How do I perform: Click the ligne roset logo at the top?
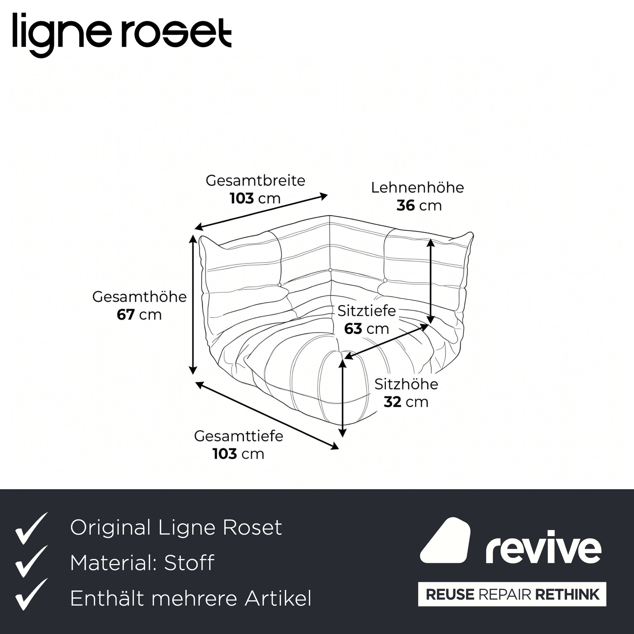pos(122,34)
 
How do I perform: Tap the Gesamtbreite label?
pos(255,180)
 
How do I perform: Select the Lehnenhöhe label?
pos(417,187)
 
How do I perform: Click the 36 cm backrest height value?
pos(419,205)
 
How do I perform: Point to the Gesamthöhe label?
pos(139,297)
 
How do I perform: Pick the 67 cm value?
pos(139,315)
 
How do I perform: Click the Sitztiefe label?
pos(367,311)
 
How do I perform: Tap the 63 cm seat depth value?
pos(367,329)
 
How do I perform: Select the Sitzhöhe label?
pos(406,384)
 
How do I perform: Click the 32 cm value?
pos(406,402)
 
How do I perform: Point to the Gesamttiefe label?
pos(238,436)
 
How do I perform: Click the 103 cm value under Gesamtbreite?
pos(255,198)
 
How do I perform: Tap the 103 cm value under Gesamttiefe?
pos(238,454)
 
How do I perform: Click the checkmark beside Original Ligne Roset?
pos(31,528)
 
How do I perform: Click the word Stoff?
pos(189,562)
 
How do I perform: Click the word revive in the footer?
pos(543,548)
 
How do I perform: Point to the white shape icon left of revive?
pos(445,540)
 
